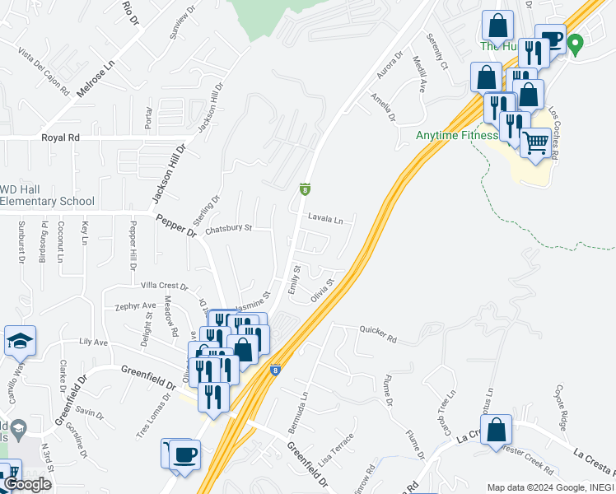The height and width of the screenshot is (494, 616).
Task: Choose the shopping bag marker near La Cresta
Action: coord(496,430)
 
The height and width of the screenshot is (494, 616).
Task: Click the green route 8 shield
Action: coord(305,190)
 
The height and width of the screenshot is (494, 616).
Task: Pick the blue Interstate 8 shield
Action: coord(274,371)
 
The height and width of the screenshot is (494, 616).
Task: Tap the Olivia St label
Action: coord(322,291)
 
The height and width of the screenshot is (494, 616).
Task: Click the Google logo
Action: coord(27,484)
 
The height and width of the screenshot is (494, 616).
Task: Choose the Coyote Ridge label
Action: coord(567,402)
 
